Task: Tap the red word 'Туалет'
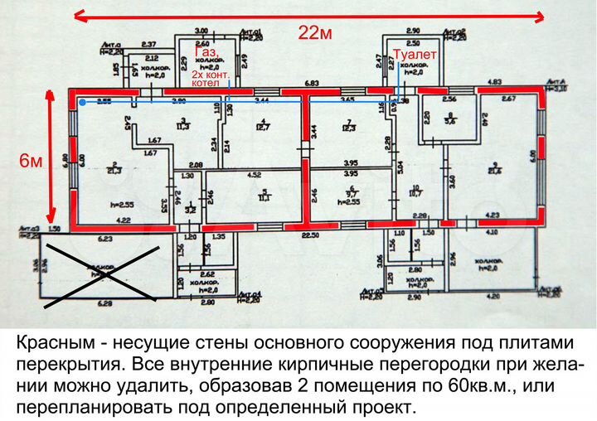tap(415, 54)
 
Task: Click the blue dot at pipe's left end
tap(82, 103)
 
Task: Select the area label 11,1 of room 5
tap(265, 198)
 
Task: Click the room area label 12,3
tap(348, 127)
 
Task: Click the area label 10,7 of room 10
tap(416, 193)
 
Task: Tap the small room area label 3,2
tap(191, 210)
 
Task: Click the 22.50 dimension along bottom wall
tap(310, 235)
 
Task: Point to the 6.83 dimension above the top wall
tap(312, 84)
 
